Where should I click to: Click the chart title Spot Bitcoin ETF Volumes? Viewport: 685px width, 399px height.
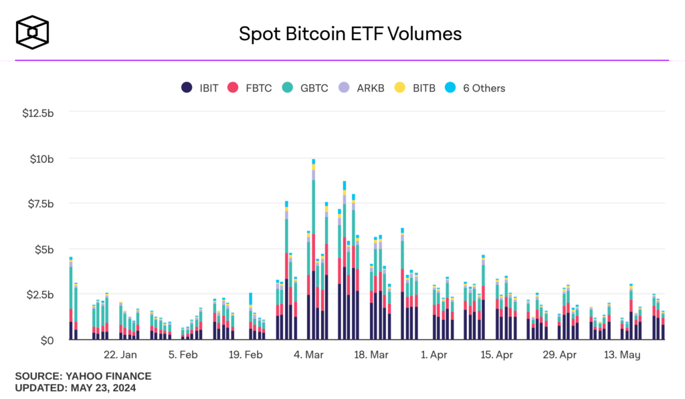(351, 33)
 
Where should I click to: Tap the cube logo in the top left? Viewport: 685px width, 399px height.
(33, 33)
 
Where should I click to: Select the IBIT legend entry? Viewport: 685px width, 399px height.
(200, 88)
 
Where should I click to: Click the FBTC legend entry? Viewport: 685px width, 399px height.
(250, 88)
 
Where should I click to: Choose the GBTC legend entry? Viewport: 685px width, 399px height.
(306, 88)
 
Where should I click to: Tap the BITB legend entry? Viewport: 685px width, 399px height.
(415, 88)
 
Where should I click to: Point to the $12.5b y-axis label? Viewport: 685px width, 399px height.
(37, 113)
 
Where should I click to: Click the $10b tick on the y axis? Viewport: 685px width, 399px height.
(41, 158)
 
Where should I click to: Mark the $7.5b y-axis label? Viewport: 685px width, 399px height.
(39, 204)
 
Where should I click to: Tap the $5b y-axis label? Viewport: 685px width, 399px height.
(43, 249)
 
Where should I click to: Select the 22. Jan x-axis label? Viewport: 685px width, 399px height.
(120, 355)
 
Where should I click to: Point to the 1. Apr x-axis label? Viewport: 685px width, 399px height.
(434, 355)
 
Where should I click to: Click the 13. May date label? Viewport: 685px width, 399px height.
(622, 355)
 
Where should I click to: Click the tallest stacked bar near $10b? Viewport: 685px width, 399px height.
(313, 254)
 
